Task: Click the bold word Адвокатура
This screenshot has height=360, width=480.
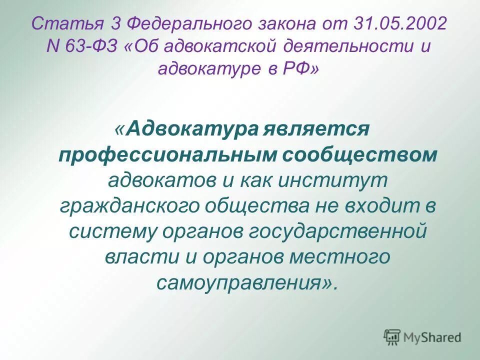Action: [192, 130]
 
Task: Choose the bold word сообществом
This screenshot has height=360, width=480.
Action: [359, 155]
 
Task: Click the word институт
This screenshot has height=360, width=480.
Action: [333, 180]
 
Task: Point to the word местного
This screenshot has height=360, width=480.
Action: [338, 257]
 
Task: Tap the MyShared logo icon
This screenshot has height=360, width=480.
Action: [392, 337]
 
